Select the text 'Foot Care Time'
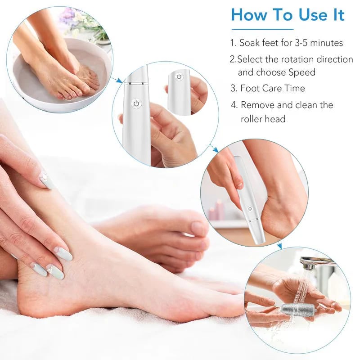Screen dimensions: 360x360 [x=273, y=88]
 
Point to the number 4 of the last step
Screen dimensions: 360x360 [x=234, y=105]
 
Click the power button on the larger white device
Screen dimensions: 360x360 [x=136, y=103]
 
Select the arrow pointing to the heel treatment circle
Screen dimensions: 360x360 [x=215, y=148]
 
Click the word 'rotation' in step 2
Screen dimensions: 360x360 [x=295, y=59]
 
